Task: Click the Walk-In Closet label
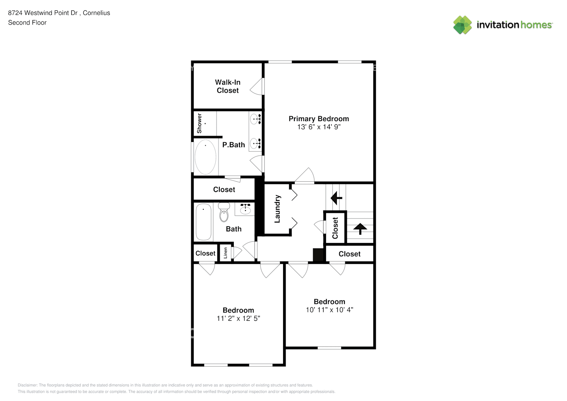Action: (227, 86)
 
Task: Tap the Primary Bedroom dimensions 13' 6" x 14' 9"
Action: (319, 127)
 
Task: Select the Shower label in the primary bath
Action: (199, 123)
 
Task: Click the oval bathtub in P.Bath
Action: (205, 157)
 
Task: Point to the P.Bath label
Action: (233, 145)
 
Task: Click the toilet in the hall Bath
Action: (224, 213)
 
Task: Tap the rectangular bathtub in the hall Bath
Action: (203, 222)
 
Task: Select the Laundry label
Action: (277, 209)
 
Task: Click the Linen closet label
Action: (225, 253)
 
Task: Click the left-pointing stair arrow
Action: (336, 198)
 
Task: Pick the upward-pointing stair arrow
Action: (360, 229)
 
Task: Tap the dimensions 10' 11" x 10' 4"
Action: (329, 310)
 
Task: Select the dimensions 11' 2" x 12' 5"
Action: (238, 318)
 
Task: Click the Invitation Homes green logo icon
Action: (462, 25)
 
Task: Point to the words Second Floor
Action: (27, 22)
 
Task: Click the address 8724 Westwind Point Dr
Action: (43, 13)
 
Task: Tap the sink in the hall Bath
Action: (245, 210)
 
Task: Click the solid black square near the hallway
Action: (318, 255)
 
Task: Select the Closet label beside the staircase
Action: (335, 228)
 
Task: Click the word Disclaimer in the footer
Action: (27, 385)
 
